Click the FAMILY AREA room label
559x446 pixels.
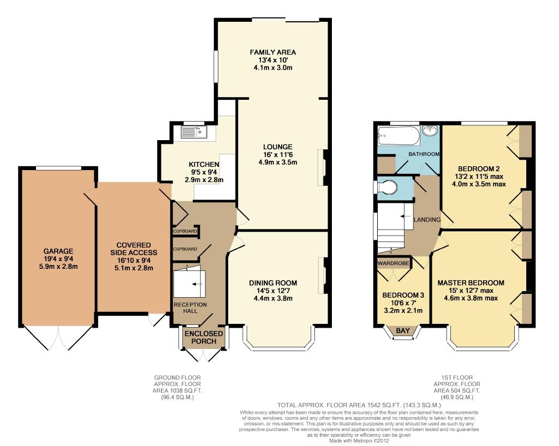tap(273, 52)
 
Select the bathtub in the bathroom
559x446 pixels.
tap(399, 136)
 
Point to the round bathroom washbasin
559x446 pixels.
tap(431, 130)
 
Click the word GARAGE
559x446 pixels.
tap(58, 251)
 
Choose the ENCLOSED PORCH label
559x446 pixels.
tap(204, 337)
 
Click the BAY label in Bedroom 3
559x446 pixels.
tap(403, 330)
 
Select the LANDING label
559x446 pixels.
tap(427, 220)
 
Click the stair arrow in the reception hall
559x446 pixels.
tap(196, 284)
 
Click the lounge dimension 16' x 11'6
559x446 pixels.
tap(278, 155)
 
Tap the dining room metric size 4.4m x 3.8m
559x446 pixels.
tap(273, 298)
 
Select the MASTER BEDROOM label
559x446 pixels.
tap(471, 283)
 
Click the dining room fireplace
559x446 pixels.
tap(323, 275)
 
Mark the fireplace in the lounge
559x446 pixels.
tap(323, 167)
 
